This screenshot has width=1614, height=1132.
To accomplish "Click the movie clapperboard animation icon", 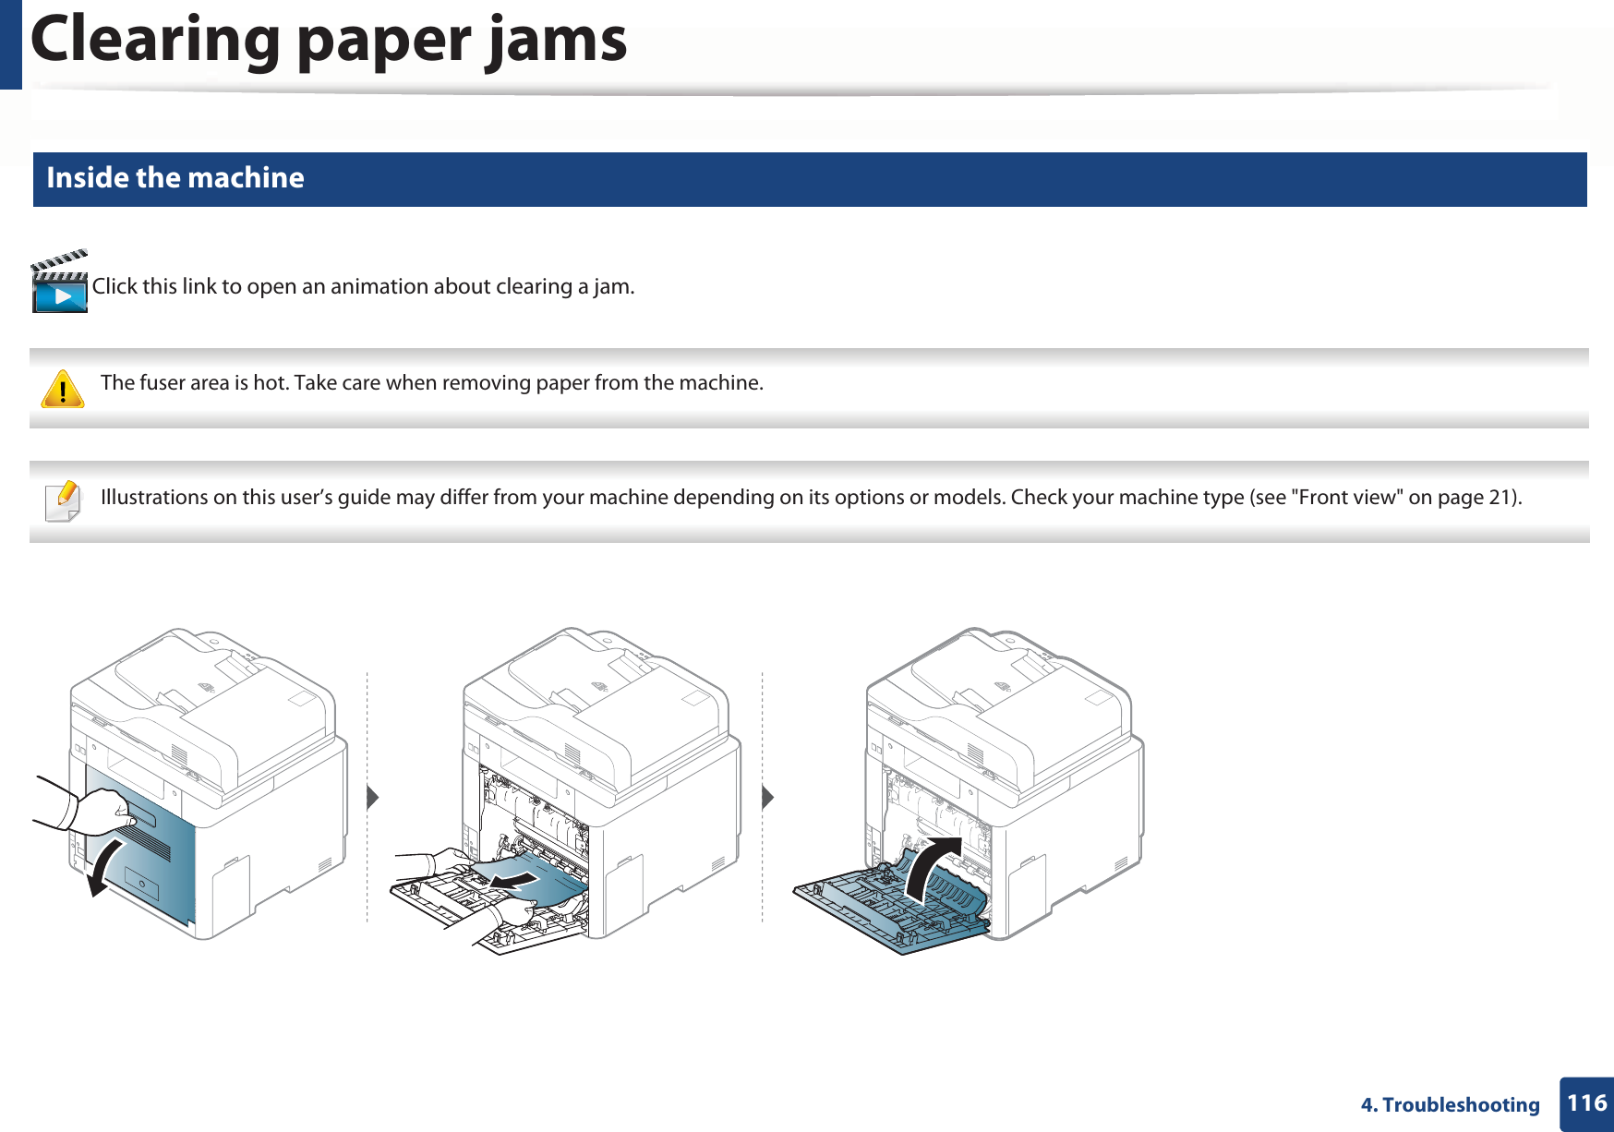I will pyautogui.click(x=60, y=283).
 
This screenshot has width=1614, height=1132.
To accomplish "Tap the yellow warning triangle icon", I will pyautogui.click(x=63, y=390).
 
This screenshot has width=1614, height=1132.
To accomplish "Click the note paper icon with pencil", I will pyautogui.click(x=63, y=501).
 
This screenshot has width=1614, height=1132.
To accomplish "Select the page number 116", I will pyautogui.click(x=1586, y=1103).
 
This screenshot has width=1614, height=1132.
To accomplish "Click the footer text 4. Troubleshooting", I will pyautogui.click(x=1450, y=1104).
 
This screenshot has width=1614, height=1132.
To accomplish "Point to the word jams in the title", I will pyautogui.click(x=557, y=40).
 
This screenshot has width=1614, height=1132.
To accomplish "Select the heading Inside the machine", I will pyautogui.click(x=175, y=177).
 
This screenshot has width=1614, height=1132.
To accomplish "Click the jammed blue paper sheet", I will pyautogui.click(x=536, y=882).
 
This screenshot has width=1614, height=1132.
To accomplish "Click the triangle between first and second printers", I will pyautogui.click(x=372, y=797).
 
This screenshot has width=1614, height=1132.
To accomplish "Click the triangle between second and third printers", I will pyautogui.click(x=767, y=797).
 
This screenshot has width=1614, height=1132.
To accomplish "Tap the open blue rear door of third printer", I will pyautogui.click(x=886, y=909).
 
